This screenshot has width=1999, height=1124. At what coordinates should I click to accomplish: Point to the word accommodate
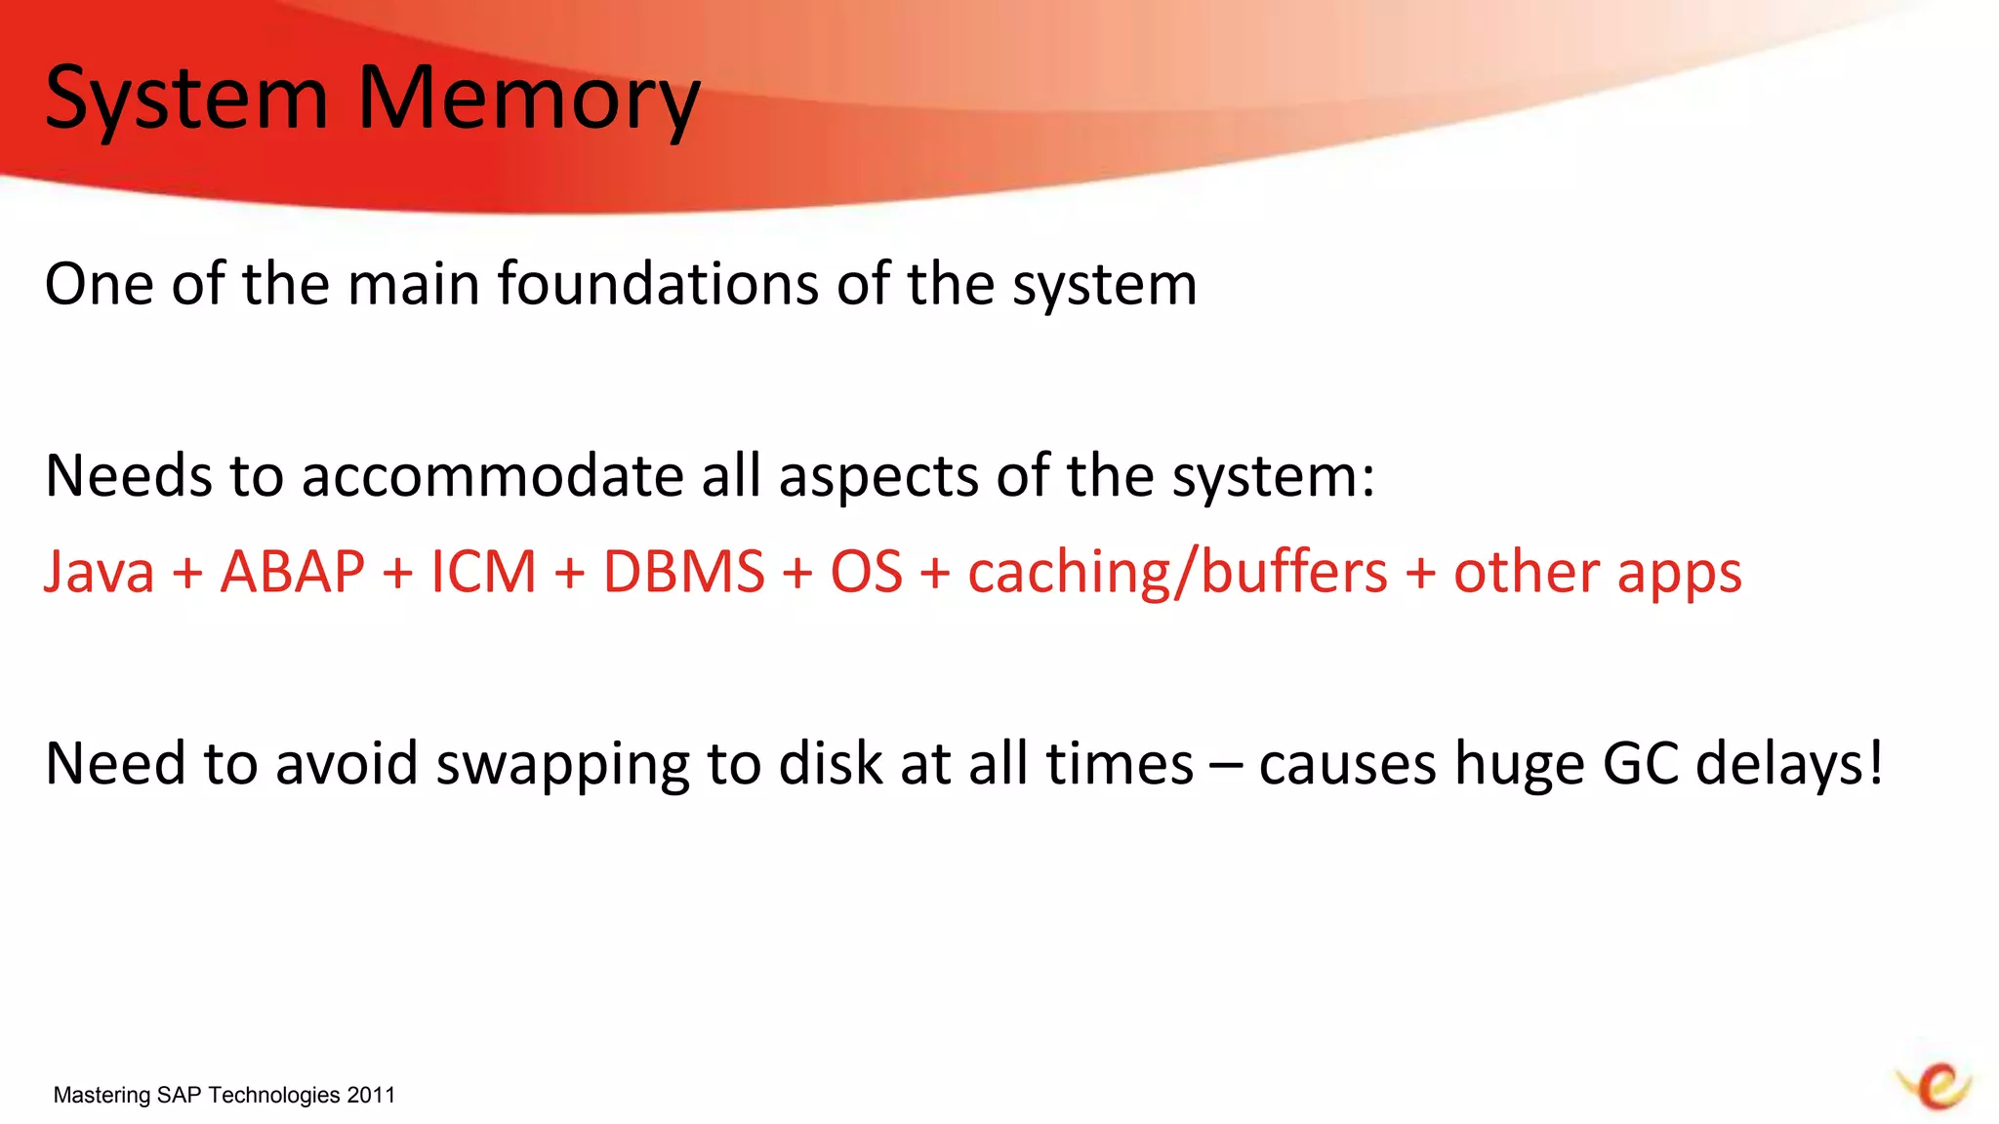(492, 476)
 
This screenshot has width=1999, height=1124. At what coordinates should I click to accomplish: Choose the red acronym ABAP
(293, 572)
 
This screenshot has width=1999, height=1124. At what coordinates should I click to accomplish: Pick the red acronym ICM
(483, 572)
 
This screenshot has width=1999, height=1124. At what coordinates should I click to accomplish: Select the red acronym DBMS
(683, 572)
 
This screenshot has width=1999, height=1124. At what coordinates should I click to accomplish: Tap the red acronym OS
(866, 572)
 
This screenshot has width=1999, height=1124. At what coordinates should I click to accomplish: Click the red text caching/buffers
(1177, 572)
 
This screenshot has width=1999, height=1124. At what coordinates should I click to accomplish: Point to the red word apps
(1679, 572)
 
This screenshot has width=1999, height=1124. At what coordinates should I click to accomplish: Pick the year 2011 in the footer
(371, 1095)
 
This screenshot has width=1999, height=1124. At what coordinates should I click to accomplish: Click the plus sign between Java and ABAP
(187, 573)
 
